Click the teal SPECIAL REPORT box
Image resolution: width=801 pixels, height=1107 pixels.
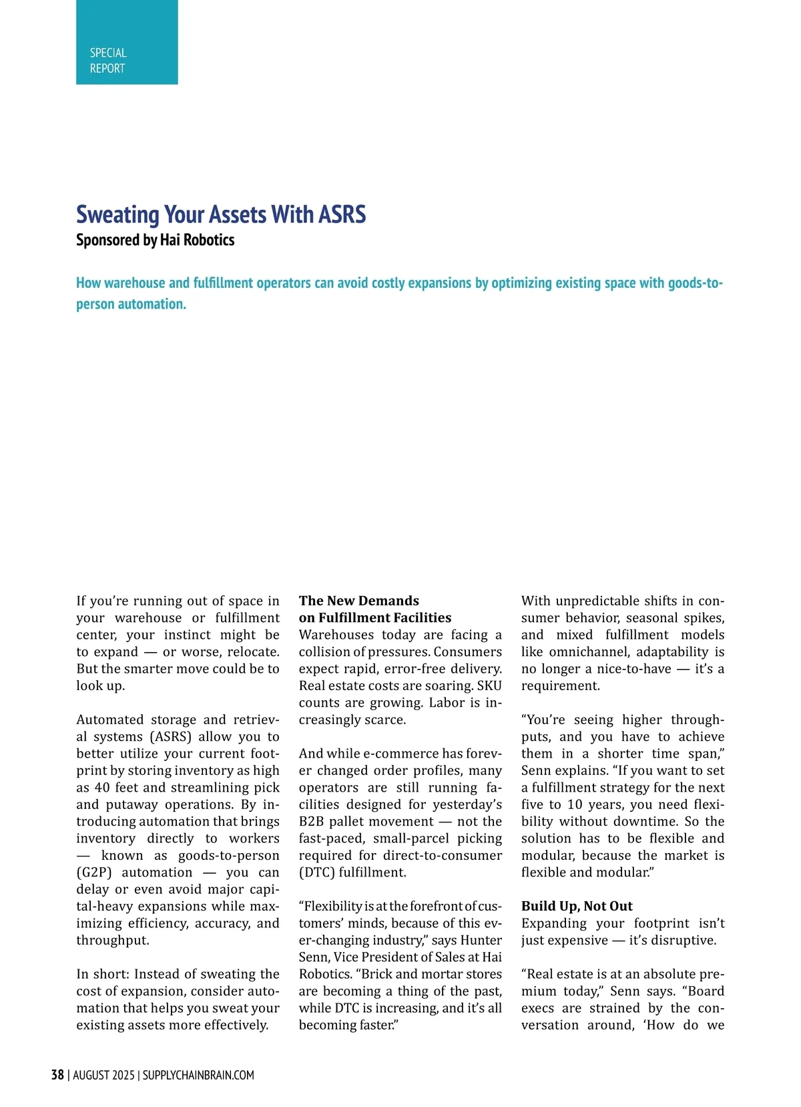tap(127, 42)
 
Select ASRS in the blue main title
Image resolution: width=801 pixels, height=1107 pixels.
tap(342, 215)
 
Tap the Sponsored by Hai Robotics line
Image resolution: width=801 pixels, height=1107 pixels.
tap(155, 240)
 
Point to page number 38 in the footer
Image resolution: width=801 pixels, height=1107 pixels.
tap(57, 1075)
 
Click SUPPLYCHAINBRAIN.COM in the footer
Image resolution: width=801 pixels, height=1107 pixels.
tap(198, 1075)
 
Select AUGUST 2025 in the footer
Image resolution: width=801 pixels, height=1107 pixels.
tap(103, 1075)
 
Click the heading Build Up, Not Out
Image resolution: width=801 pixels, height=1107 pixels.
tap(577, 906)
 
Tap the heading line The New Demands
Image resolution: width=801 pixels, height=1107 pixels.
tap(359, 601)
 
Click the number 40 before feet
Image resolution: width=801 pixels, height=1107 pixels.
tap(102, 788)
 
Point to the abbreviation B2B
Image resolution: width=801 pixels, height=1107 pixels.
tap(311, 822)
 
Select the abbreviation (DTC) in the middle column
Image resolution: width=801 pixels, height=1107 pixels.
tap(317, 873)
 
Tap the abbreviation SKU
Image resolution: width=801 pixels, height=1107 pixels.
tap(489, 685)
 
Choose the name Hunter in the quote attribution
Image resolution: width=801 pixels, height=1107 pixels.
tap(481, 940)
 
